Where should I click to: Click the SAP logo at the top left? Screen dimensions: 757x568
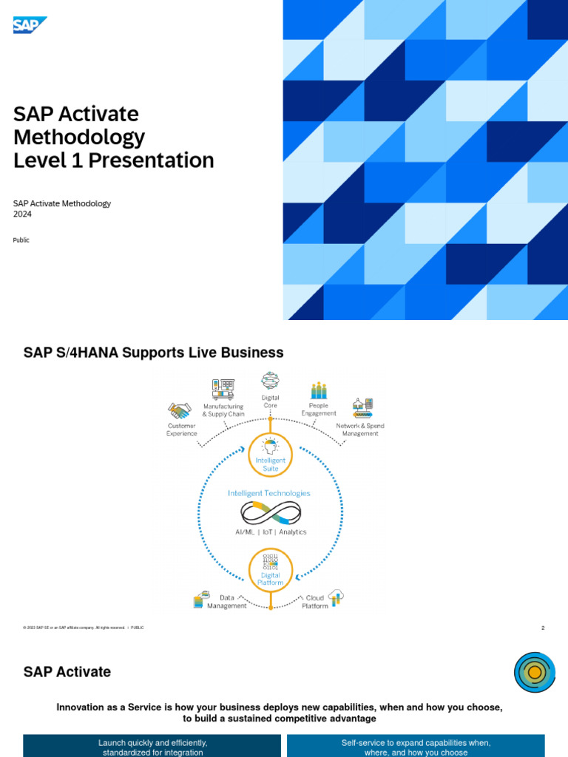pos(30,25)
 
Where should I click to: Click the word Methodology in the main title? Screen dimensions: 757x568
pos(79,138)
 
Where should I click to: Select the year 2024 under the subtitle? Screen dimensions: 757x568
pos(22,214)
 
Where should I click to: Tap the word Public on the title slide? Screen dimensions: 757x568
pos(21,240)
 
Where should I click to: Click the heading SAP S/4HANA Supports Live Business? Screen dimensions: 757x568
pos(153,353)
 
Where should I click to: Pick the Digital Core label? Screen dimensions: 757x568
pos(271,401)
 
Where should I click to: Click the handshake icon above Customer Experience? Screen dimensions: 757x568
pos(179,410)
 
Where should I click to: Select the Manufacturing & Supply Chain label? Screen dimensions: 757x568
pos(223,410)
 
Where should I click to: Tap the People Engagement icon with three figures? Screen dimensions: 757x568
pos(319,390)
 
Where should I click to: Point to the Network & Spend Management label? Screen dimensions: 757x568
pos(360,430)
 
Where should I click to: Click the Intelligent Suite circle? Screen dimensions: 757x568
pos(271,455)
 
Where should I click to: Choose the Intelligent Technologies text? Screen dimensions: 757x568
pos(269,493)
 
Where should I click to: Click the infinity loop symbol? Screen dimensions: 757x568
pos(271,512)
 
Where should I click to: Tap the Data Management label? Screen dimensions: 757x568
pos(227,602)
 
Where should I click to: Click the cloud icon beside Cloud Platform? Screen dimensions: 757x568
pos(337,597)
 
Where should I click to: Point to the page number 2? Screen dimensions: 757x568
pos(543,628)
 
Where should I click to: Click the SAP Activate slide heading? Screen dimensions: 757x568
pos(67,672)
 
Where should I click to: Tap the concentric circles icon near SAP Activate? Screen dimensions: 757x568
pos(535,672)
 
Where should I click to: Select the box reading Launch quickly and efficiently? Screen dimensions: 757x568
pos(152,747)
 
